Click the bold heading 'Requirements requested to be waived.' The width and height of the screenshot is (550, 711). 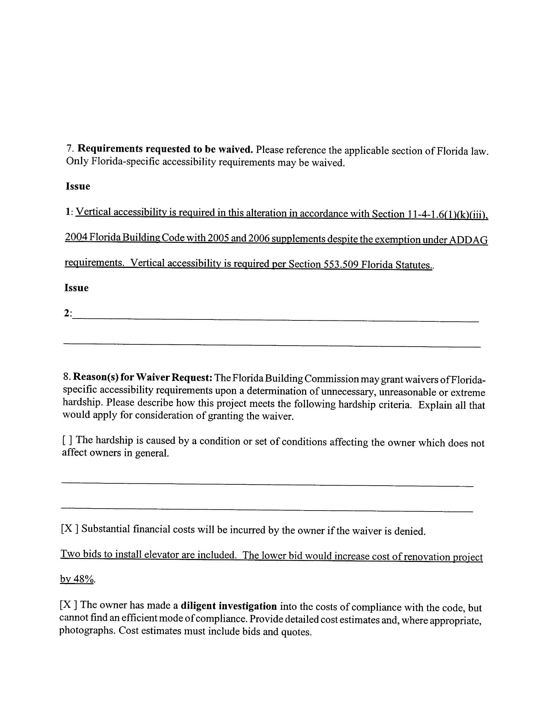165,149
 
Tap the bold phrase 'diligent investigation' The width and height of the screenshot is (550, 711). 229,606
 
